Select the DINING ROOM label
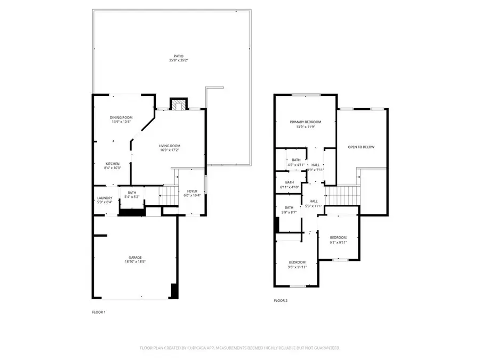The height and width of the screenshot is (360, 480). [x=121, y=117]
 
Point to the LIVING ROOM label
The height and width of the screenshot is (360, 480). [x=170, y=146]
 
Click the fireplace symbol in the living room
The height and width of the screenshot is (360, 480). [x=178, y=105]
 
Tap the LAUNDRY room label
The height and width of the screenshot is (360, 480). [x=104, y=197]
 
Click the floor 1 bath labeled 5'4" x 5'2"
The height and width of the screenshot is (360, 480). [x=132, y=195]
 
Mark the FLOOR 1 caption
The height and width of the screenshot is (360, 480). [x=99, y=312]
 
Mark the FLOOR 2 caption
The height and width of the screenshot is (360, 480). [x=281, y=301]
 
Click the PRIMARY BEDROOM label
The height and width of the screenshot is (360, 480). [x=305, y=122]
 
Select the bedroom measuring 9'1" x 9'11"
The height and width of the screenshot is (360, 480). [x=338, y=239]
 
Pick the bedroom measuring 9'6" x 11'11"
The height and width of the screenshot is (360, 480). [x=297, y=264]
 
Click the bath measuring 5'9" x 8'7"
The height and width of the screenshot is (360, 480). [x=289, y=210]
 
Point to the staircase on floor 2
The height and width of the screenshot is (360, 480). [x=341, y=195]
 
